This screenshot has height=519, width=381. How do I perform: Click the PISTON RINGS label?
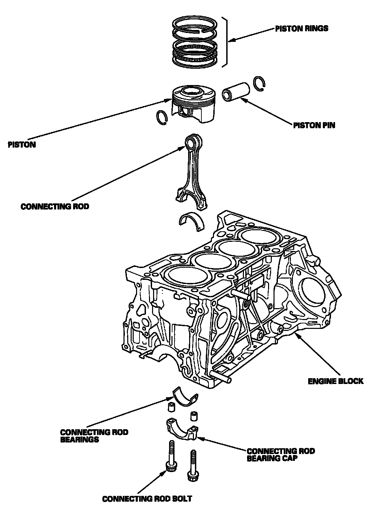pos(302,28)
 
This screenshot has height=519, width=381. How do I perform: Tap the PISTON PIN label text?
pos(314,125)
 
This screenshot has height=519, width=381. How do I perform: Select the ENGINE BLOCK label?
pos(335,381)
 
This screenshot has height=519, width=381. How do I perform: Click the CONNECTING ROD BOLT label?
pos(147,499)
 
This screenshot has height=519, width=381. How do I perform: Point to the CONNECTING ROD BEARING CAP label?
pos(281,455)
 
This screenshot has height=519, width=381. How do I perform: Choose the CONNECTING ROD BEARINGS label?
pos(94,436)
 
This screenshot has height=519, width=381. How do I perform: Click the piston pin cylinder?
pos(236,91)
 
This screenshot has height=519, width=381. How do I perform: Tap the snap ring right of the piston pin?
pos(260,84)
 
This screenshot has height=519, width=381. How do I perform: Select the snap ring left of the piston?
pos(162,117)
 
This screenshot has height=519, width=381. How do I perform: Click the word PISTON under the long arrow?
pos(22,145)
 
